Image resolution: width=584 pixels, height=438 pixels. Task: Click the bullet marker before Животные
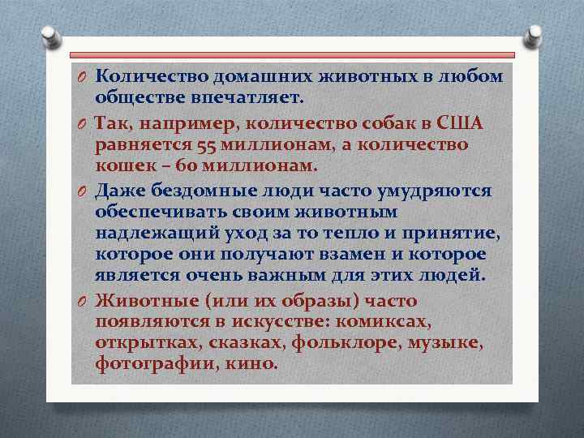point(83,300)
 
